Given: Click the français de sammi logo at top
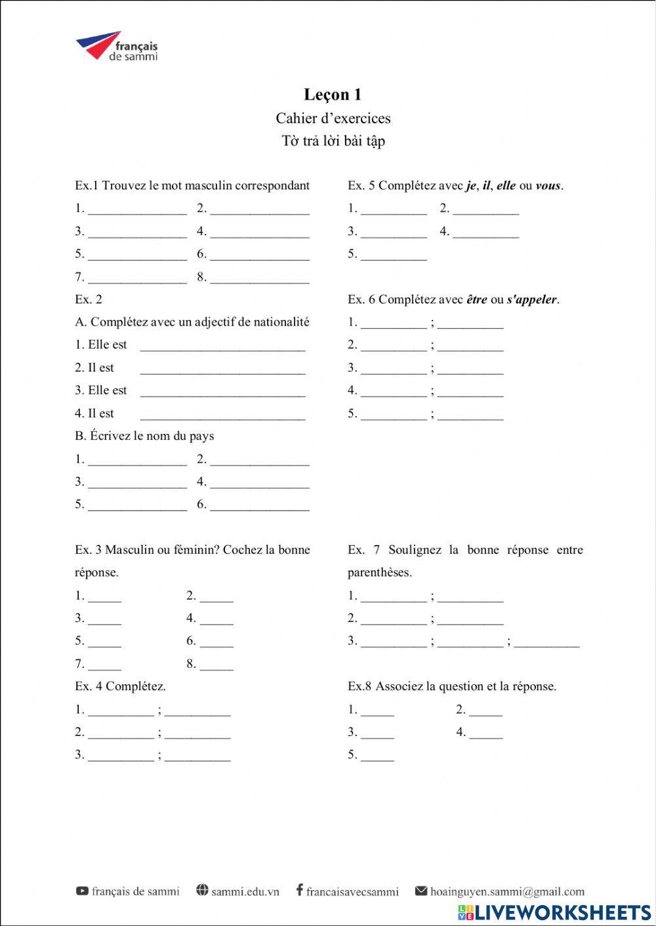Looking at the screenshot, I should [x=117, y=46].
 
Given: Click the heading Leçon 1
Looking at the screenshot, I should [x=333, y=94].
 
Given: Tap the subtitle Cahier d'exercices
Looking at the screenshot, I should [x=333, y=119].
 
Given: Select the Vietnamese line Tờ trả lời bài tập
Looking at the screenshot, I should [x=333, y=141].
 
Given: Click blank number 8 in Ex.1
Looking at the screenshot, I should [x=260, y=278].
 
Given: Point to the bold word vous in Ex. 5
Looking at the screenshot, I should [x=548, y=185].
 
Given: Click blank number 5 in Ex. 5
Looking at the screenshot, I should [x=394, y=255].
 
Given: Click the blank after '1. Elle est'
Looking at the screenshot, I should [x=223, y=346].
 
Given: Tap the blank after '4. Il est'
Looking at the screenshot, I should [x=223, y=415].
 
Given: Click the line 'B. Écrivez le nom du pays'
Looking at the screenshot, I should [x=144, y=436].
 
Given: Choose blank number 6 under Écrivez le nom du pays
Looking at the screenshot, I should [x=260, y=505].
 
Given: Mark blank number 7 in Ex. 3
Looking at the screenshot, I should [x=105, y=665].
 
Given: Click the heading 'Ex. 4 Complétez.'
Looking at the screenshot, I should [x=120, y=687].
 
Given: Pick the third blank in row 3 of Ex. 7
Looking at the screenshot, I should [x=546, y=642].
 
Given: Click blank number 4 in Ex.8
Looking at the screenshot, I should [x=486, y=733].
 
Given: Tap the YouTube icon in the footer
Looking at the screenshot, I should [x=82, y=891].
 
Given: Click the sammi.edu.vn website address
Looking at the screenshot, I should [x=245, y=891].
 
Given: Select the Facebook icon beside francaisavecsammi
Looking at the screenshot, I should [x=299, y=890].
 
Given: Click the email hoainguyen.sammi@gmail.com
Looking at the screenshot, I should [x=507, y=891].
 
